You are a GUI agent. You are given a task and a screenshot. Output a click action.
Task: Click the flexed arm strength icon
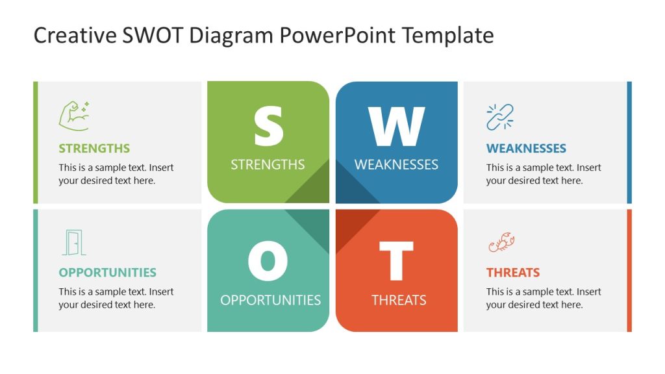pyautogui.click(x=74, y=116)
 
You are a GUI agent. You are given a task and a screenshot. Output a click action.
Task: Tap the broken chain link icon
pyautogui.click(x=500, y=117)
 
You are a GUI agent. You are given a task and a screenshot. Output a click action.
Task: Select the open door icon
pyautogui.click(x=74, y=243)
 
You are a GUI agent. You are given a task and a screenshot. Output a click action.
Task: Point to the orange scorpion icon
pyautogui.click(x=501, y=242)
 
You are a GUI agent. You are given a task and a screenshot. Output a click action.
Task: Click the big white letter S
pyautogui.click(x=268, y=126)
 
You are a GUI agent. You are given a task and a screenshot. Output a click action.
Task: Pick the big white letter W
pyautogui.click(x=396, y=126)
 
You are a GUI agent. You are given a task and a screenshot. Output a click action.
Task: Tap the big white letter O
pyautogui.click(x=268, y=261)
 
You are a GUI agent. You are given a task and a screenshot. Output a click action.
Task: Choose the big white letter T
pyautogui.click(x=396, y=261)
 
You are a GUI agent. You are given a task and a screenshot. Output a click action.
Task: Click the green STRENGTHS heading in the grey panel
pyautogui.click(x=94, y=149)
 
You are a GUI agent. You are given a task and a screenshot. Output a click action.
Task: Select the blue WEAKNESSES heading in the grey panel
pyautogui.click(x=526, y=149)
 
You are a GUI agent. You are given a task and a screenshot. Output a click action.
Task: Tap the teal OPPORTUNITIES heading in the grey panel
pyautogui.click(x=107, y=272)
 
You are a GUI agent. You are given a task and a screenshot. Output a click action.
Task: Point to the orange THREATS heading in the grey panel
pyautogui.click(x=513, y=272)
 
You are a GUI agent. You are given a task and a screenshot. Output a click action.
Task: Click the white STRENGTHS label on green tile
pyautogui.click(x=268, y=164)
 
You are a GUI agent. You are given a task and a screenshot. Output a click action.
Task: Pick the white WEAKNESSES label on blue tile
pyautogui.click(x=396, y=164)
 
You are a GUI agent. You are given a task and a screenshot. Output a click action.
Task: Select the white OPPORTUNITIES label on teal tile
pyautogui.click(x=271, y=300)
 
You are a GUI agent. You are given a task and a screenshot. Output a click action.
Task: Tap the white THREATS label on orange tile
pyautogui.click(x=399, y=300)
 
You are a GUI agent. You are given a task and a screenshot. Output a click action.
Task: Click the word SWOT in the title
pyautogui.click(x=153, y=35)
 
